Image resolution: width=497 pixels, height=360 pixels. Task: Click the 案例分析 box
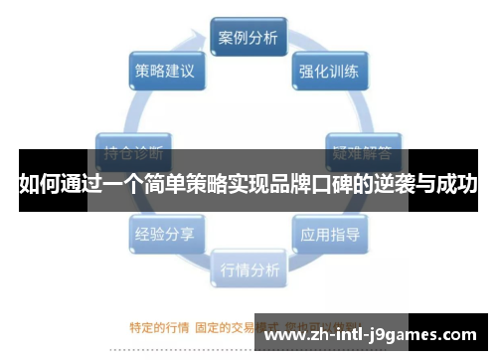coord(248,39)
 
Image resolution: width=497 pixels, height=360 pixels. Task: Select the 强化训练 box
coord(331,72)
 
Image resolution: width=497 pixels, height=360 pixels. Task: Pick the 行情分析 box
coord(248,269)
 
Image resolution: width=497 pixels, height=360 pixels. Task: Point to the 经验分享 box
coord(165,236)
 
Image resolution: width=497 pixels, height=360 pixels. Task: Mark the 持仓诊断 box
coord(134,154)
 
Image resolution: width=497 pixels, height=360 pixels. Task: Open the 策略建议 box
coord(165,72)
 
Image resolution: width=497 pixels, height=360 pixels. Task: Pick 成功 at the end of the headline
coord(459,185)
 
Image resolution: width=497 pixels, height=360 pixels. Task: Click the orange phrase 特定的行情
coord(160,324)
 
